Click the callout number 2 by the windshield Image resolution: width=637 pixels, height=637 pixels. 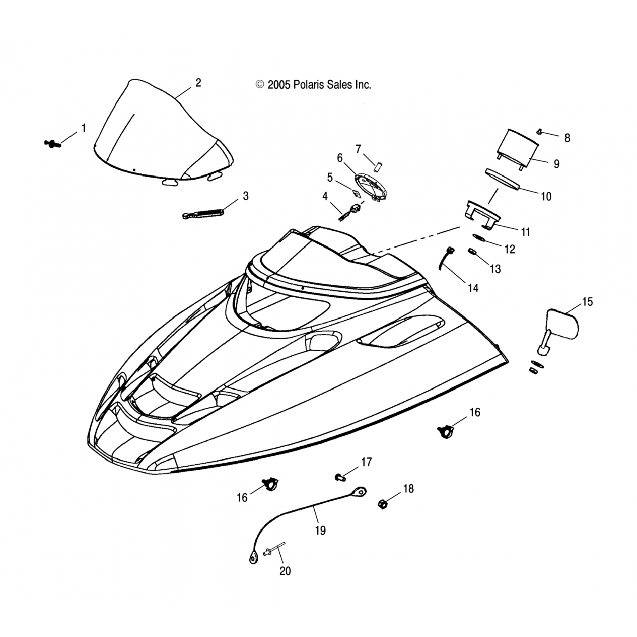pyautogui.click(x=198, y=82)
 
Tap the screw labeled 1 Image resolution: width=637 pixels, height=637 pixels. pyautogui.click(x=53, y=144)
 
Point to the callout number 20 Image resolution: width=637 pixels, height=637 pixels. pyautogui.click(x=285, y=571)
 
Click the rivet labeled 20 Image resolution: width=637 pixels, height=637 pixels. pyautogui.click(x=273, y=550)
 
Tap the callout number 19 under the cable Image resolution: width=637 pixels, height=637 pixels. pyautogui.click(x=321, y=530)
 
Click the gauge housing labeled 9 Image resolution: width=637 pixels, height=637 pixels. pyautogui.click(x=518, y=149)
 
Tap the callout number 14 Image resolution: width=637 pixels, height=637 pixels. pyautogui.click(x=473, y=288)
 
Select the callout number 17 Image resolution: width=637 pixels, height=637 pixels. pyautogui.click(x=366, y=462)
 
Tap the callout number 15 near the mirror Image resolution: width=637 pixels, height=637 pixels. pyautogui.click(x=587, y=302)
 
